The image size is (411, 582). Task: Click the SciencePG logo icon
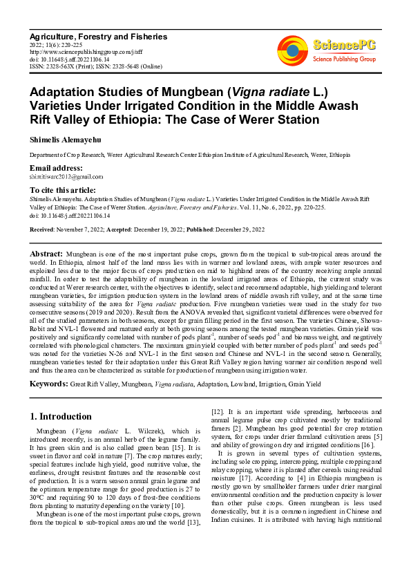coord(292,48)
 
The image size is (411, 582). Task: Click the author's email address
coord(66,177)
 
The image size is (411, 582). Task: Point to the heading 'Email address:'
coord(56,169)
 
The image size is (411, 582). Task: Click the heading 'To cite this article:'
coord(63,189)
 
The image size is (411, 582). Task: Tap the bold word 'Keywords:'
coord(48,382)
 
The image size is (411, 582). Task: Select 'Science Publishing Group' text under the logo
coord(344,59)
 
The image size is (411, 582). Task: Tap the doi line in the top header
coord(70,59)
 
